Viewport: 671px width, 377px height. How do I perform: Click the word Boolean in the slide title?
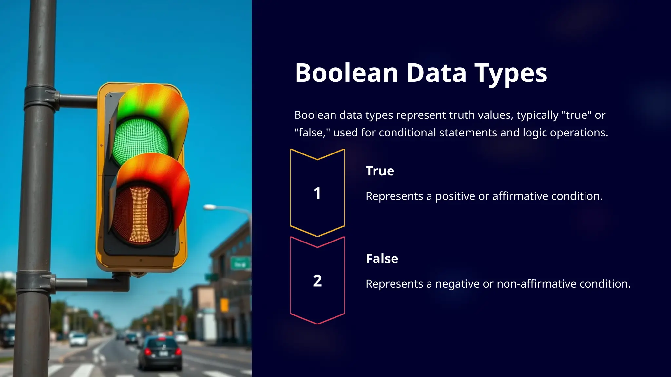[x=346, y=73]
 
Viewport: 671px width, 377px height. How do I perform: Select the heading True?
[x=380, y=171]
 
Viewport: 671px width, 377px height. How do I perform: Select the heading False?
[x=382, y=259]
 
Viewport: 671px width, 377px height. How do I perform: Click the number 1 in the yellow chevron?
[x=317, y=193]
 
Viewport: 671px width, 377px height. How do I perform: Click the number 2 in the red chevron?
[x=317, y=281]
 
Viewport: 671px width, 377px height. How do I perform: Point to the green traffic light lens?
[x=140, y=141]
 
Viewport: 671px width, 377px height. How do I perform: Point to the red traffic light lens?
[x=140, y=215]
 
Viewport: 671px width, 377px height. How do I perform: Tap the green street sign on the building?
[x=240, y=263]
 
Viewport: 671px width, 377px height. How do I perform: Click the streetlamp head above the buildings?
[x=210, y=207]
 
